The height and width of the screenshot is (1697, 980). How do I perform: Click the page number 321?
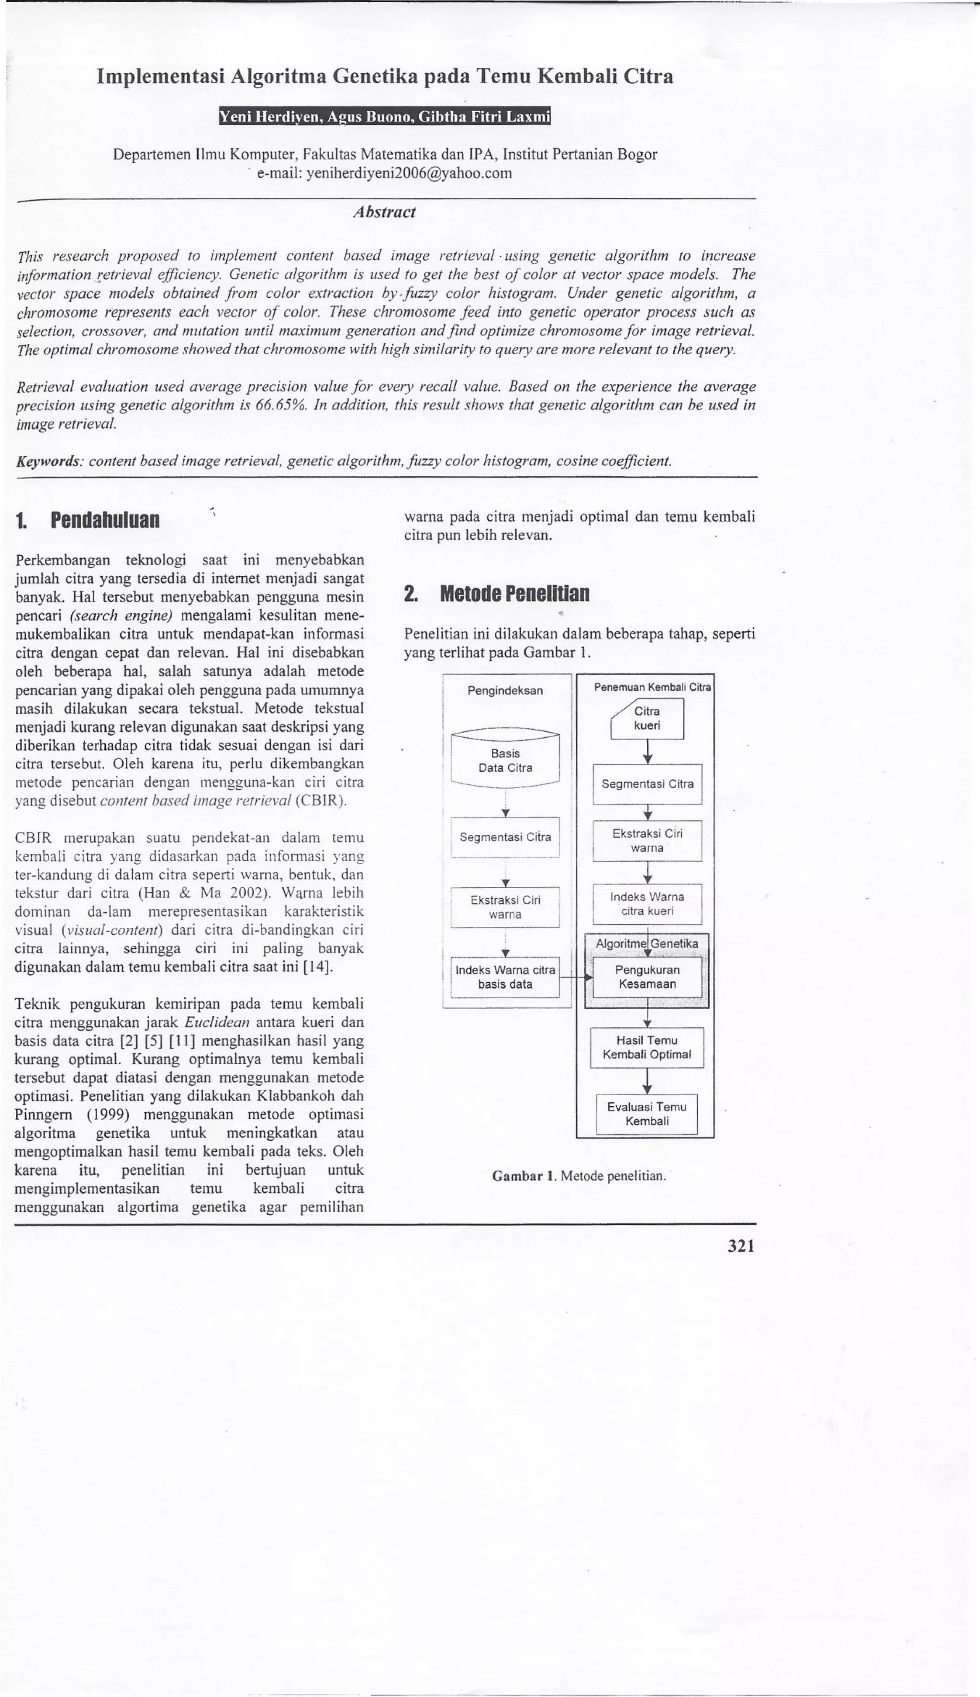741,1246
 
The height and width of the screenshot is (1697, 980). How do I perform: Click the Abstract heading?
384,212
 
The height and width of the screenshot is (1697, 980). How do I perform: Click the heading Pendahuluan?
104,520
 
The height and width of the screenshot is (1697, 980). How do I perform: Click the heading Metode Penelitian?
514,594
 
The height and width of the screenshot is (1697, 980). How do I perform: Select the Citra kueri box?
647,718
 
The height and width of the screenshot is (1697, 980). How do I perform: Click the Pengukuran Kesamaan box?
647,977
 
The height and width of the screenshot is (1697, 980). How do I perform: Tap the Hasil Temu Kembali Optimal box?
647,1047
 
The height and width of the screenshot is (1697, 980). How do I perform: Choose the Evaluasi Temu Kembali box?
647,1114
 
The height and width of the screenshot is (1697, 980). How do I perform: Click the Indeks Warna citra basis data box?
505,977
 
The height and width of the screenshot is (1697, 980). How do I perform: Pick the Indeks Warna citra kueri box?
647,904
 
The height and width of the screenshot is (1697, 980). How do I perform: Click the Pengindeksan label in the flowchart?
505,691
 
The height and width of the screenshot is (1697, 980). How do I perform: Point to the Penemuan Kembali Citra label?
652,687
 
